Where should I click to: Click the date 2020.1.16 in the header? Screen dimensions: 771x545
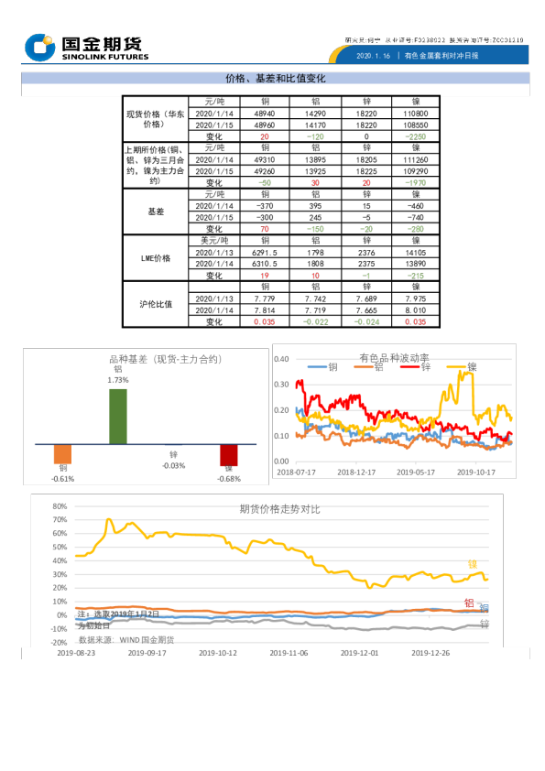[372, 56]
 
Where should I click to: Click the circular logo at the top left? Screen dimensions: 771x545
[39, 47]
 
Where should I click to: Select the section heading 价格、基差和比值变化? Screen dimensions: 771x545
[275, 79]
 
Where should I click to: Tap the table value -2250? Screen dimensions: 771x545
[415, 136]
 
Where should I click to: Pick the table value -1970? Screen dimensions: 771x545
[415, 183]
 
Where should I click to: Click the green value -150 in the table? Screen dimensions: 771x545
[315, 230]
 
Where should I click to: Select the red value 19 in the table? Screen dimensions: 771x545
[265, 276]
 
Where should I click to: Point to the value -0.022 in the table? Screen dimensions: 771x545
[315, 322]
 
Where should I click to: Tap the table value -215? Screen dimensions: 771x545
[415, 276]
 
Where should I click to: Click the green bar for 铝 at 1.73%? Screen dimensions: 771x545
[118, 417]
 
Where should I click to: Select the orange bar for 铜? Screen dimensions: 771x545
[62, 454]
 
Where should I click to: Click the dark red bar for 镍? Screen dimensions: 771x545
[228, 455]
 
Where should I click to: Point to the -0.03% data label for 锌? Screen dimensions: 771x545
[173, 465]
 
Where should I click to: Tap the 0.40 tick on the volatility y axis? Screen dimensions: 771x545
[282, 359]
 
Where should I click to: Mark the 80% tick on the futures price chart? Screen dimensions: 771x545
[60, 505]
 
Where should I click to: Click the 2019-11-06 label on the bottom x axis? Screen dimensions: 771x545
[289, 654]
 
